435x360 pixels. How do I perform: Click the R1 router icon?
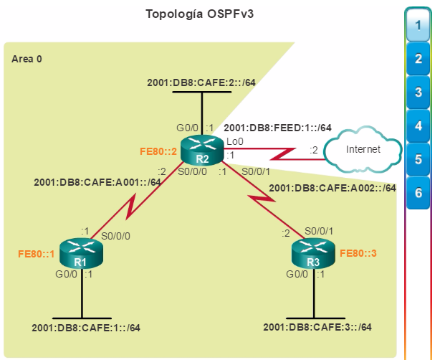[x=81, y=253]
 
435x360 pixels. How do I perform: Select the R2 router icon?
[x=202, y=151]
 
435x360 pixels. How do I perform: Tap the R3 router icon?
[x=313, y=253]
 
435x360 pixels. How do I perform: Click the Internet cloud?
[x=363, y=149]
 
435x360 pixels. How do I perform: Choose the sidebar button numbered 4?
[x=418, y=125]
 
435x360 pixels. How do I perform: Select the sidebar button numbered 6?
[x=418, y=193]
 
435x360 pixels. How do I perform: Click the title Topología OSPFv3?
[x=200, y=14]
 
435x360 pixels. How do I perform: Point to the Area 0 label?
[x=27, y=59]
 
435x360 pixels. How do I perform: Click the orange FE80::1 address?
[x=37, y=254]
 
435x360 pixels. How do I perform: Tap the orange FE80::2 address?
[x=158, y=151]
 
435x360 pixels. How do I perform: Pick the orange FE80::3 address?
[x=358, y=253]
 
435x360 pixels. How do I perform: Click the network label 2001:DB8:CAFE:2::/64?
[x=201, y=82]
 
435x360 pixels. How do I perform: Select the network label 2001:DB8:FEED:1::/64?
[x=278, y=128]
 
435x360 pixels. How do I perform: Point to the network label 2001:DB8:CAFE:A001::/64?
[x=97, y=182]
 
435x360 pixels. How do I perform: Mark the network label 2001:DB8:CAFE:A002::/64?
[x=333, y=188]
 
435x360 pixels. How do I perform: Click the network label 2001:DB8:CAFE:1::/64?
[x=86, y=328]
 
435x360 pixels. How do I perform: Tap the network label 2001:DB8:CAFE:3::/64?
[x=317, y=327]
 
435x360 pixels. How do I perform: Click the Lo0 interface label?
[x=235, y=141]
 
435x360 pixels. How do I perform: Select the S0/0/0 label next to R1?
[x=115, y=236]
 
